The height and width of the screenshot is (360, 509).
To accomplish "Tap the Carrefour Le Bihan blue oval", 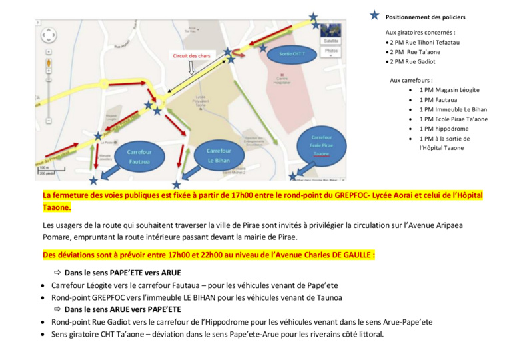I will [x=219, y=155].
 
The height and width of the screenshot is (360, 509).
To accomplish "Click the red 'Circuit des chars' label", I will [x=191, y=55].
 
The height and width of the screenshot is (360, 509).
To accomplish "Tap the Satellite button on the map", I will [x=331, y=41].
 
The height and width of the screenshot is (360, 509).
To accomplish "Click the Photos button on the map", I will [x=331, y=51].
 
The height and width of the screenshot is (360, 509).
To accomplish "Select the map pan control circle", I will [x=49, y=35].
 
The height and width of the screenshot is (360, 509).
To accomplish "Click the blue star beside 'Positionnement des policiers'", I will [x=375, y=16].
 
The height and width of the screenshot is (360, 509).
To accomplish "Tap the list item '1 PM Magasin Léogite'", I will [x=449, y=90].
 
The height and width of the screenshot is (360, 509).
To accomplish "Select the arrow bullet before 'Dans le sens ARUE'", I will [x=57, y=309].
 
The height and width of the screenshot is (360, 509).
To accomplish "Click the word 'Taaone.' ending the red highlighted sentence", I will [x=57, y=207].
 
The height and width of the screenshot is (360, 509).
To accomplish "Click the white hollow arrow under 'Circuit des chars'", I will [x=191, y=67].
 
